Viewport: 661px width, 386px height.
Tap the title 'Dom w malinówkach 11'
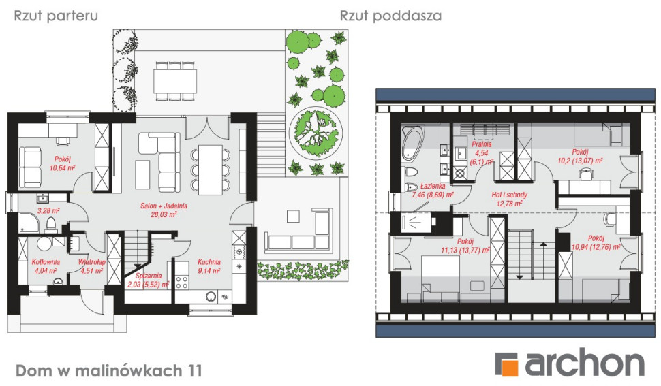(x=108, y=370)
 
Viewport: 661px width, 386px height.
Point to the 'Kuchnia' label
(x=209, y=261)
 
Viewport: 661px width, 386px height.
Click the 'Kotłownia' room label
(x=46, y=261)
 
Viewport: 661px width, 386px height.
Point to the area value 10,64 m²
(x=61, y=167)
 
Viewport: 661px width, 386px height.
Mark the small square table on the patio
(x=294, y=216)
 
